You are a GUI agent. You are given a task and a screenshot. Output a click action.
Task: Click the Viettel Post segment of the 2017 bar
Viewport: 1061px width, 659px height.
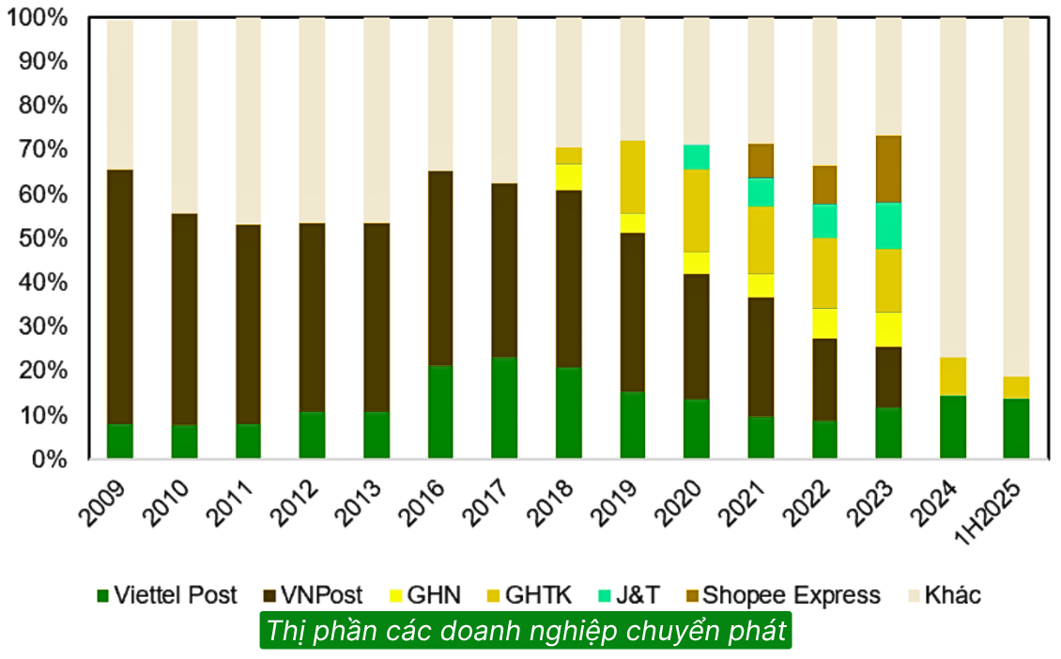point(504,407)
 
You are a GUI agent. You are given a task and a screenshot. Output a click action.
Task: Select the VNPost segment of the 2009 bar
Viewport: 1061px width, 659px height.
point(120,297)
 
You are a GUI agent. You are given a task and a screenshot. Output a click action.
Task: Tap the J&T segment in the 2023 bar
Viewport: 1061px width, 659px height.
point(888,225)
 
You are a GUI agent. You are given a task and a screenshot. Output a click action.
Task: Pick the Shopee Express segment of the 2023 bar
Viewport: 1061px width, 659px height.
point(888,169)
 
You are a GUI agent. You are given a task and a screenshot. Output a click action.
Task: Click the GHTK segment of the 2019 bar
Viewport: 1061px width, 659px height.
point(632,176)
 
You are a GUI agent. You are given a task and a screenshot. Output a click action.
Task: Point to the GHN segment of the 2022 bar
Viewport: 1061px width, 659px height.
point(824,323)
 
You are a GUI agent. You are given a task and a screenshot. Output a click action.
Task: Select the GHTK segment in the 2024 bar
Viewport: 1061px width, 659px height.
point(952,375)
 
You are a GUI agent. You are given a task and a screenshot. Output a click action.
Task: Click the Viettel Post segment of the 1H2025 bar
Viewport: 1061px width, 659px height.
point(1016,428)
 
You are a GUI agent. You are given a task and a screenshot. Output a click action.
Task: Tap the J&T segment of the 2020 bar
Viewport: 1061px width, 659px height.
point(696,157)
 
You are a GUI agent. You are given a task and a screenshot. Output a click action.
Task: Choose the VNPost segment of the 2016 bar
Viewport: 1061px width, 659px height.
point(440,268)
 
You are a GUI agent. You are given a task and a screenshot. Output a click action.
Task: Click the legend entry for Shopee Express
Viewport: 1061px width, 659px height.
point(780,595)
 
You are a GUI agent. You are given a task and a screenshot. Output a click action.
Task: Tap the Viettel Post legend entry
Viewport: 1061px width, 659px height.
point(166,595)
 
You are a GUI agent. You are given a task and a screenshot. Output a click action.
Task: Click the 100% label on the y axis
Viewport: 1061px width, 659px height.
point(37,18)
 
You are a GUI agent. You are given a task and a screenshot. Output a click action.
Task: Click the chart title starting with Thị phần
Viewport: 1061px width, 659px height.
point(526,631)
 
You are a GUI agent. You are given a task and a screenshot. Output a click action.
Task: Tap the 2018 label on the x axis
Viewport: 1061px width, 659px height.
point(553,502)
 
